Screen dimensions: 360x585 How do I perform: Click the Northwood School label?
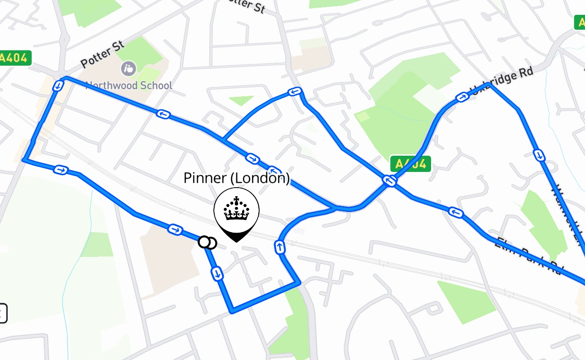129,85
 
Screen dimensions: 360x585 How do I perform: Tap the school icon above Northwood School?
129,68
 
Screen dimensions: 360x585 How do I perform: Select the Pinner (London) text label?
236,178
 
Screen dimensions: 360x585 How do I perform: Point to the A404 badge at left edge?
15,58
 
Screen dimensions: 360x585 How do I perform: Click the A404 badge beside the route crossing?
410,164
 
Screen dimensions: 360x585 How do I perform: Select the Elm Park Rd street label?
528,256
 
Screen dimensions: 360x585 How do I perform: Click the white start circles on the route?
207,243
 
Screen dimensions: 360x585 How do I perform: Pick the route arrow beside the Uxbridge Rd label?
462,97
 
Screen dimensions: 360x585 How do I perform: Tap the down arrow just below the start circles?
217,273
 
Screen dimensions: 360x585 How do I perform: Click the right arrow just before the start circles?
175,230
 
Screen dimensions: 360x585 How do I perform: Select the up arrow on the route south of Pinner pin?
279,247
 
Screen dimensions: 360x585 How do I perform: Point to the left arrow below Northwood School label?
163,114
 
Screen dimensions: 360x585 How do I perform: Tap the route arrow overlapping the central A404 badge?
389,181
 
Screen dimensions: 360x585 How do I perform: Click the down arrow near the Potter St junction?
57,85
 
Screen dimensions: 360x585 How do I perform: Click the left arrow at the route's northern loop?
294,92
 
